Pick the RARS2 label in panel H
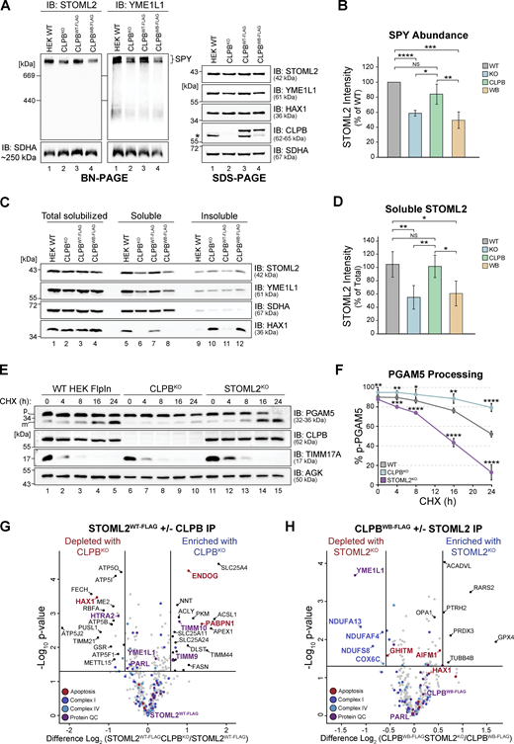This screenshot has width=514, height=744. [483, 558]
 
